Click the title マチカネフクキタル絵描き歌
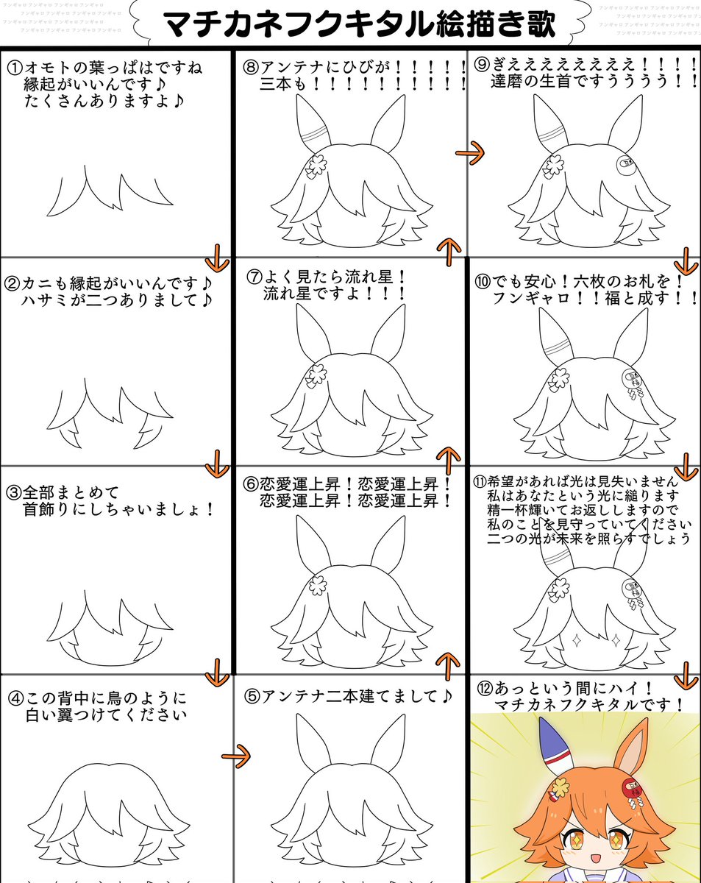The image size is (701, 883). pyautogui.click(x=359, y=24)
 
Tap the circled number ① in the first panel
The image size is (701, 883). pyautogui.click(x=15, y=68)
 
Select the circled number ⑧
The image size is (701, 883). pyautogui.click(x=251, y=67)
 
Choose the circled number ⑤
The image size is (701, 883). pyautogui.click(x=252, y=695)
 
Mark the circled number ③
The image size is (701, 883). pyautogui.click(x=13, y=492)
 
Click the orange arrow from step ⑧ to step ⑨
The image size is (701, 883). pyautogui.click(x=470, y=153)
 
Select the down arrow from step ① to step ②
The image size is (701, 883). pyautogui.click(x=216, y=258)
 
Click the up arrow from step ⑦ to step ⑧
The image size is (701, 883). pyautogui.click(x=449, y=251)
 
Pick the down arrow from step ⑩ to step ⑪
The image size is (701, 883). pyautogui.click(x=686, y=466)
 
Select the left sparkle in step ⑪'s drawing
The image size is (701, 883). pyautogui.click(x=577, y=639)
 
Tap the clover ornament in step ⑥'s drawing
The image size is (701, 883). pyautogui.click(x=317, y=586)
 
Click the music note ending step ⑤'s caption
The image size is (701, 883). pyautogui.click(x=446, y=695)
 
